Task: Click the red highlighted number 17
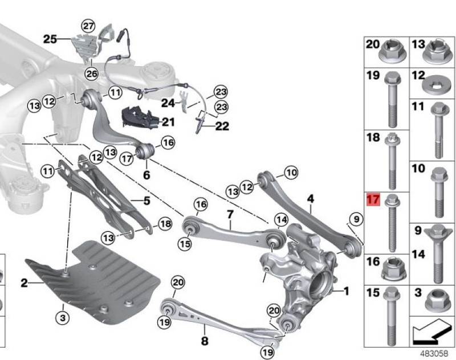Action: pos(373,199)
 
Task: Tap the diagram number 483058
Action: pos(434,353)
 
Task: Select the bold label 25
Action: pos(50,39)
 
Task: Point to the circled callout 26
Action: pos(92,74)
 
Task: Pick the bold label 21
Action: pos(168,122)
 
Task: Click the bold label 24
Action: pos(168,103)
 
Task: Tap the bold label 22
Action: pos(222,126)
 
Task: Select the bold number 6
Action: pos(146,175)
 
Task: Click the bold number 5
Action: pos(146,201)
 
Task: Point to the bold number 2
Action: pos(25,283)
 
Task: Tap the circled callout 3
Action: pos(63,318)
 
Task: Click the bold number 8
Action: pos(205,341)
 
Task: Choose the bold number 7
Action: pos(230,215)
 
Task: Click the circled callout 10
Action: pos(291,173)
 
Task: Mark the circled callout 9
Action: pos(357,219)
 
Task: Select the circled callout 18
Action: pos(165,224)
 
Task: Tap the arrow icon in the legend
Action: pos(431,332)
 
